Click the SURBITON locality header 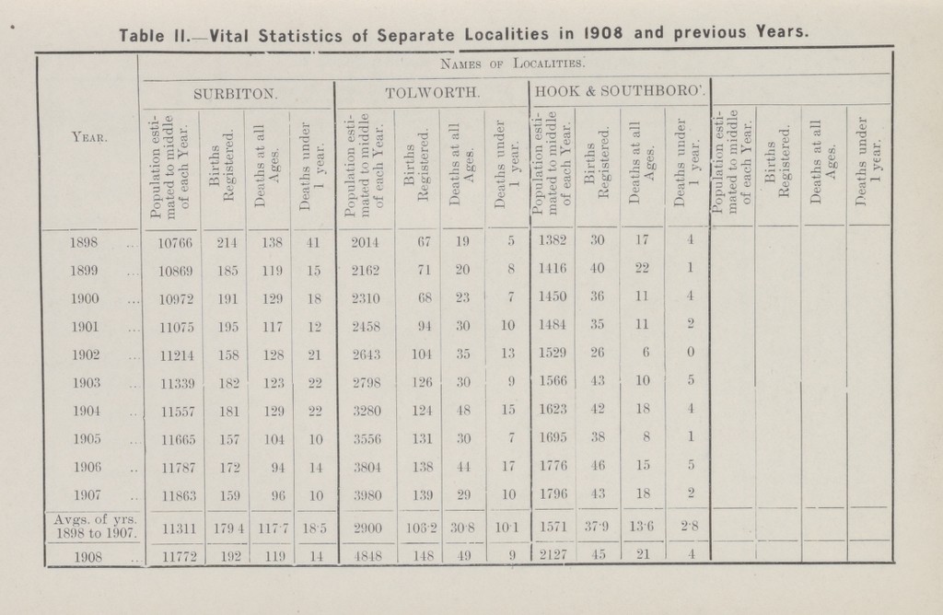[235, 94]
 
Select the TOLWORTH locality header [432, 93]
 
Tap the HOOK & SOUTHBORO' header [620, 92]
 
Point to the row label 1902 [86, 354]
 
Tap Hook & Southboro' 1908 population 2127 [553, 555]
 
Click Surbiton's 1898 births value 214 [227, 242]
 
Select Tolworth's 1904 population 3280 [366, 411]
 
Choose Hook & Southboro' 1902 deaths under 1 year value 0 [691, 353]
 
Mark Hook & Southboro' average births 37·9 [597, 527]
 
